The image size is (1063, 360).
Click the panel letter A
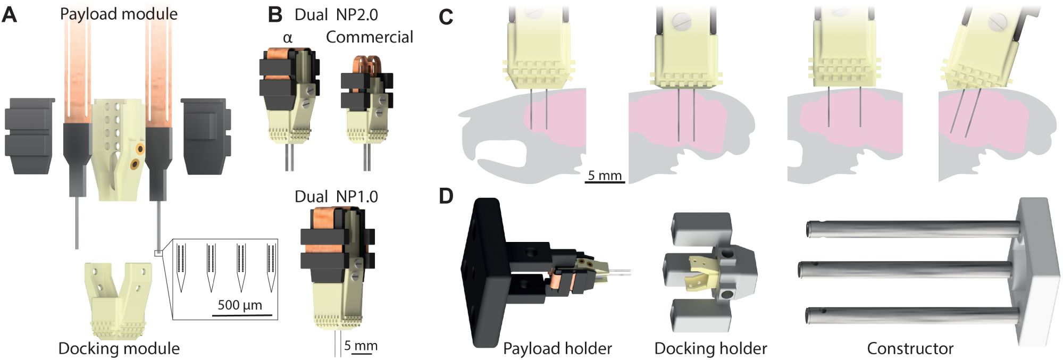coord(10,15)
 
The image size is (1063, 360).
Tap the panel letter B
coord(275,15)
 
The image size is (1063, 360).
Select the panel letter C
coord(446,17)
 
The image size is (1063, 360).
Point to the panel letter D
coord(446,196)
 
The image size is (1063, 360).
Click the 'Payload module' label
coord(119,14)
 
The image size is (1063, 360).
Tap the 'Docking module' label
coord(119,348)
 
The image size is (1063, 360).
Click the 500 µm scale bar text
coord(240,305)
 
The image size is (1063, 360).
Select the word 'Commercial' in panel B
coord(369,37)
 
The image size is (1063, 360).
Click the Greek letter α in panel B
coord(288,38)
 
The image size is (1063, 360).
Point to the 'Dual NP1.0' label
coord(336,197)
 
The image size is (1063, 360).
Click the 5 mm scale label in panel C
coord(605,175)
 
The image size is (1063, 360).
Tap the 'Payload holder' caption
coord(557,348)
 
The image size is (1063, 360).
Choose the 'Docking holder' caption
coord(710,348)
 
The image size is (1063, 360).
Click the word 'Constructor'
coord(910,348)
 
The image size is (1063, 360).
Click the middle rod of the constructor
coord(904,269)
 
